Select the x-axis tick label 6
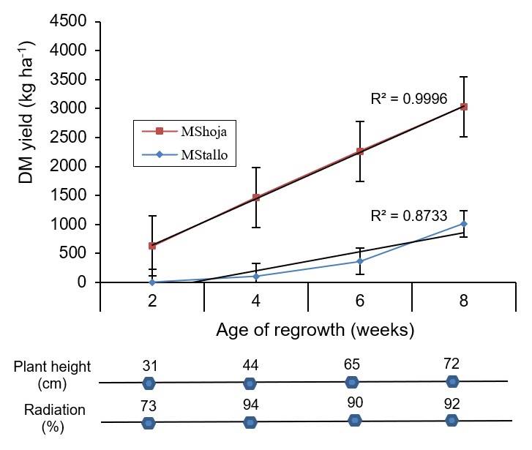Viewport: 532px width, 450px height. point(359,301)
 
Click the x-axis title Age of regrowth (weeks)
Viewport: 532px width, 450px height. point(315,330)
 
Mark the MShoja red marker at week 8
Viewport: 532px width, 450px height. point(464,107)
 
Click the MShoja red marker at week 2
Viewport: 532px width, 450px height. point(151,246)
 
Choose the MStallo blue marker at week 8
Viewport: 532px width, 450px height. point(464,224)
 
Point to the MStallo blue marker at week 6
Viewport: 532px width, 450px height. point(360,261)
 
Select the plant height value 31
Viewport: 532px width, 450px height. point(149,366)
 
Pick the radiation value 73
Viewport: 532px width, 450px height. point(149,407)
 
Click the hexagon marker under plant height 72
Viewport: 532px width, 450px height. point(453,381)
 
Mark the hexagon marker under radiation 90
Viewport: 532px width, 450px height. point(355,420)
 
